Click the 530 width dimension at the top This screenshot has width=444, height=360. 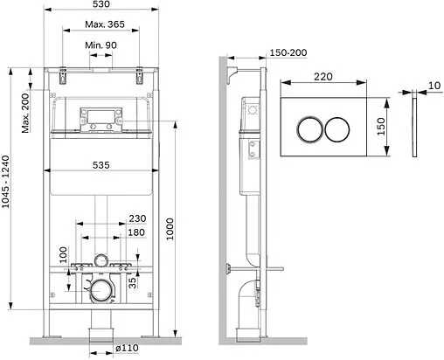coord(103,7)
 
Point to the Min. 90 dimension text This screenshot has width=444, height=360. coord(102,45)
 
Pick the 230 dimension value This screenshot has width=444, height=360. coord(135,219)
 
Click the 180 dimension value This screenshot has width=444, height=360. coord(135,232)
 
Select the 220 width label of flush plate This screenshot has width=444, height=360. coord(324,77)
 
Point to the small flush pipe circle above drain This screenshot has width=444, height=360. coord(102,260)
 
